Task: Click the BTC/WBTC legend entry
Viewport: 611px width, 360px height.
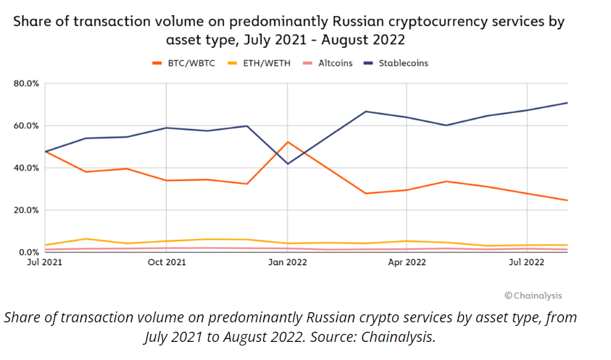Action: pos(183,63)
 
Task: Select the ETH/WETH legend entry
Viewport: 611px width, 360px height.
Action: pos(259,63)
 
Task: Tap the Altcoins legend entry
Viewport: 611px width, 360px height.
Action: pos(328,63)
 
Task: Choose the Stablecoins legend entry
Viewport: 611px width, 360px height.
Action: pos(396,63)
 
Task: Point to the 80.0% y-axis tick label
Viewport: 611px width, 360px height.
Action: pos(26,83)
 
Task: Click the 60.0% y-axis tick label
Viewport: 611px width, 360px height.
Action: pos(26,126)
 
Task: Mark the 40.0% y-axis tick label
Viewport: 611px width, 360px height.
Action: pos(26,168)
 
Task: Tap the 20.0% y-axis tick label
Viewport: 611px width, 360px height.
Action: pos(26,210)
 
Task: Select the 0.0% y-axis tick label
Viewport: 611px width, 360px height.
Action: pos(28,252)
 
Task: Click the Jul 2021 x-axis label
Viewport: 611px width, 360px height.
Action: pos(44,262)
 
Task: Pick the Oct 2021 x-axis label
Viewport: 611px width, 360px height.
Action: pos(167,262)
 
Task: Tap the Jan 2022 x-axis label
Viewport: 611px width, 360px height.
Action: pos(288,262)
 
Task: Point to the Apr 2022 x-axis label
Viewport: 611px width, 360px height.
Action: pos(407,262)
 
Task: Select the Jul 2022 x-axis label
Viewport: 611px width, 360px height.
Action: pos(526,262)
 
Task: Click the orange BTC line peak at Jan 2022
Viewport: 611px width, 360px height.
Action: pos(288,142)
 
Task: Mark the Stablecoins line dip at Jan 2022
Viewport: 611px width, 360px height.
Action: pos(288,164)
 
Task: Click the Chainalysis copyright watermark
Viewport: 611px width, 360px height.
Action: pos(533,296)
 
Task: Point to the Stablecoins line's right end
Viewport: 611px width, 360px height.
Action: pos(568,103)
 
